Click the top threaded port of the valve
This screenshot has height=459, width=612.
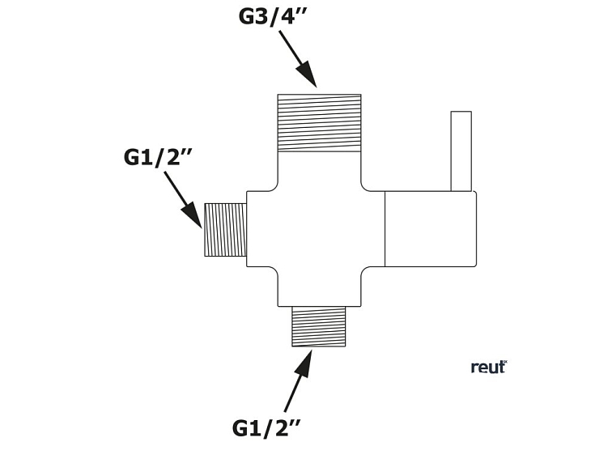(x=319, y=122)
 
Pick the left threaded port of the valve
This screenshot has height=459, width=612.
(x=225, y=229)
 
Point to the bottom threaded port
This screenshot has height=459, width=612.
(x=318, y=326)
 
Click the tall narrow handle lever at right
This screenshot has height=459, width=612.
(x=461, y=151)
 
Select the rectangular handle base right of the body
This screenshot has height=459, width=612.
(x=430, y=229)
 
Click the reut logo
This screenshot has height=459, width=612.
(x=488, y=367)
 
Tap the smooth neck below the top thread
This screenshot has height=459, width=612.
(x=319, y=168)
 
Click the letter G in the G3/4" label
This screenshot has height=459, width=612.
(x=247, y=16)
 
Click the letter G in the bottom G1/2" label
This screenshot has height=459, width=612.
(x=241, y=427)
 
